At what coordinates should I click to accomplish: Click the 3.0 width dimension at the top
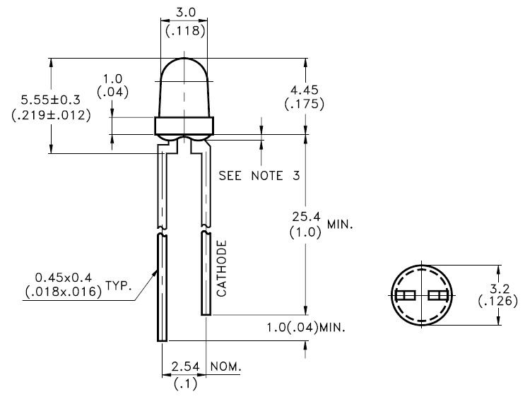point(184,13)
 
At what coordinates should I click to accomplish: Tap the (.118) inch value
point(184,30)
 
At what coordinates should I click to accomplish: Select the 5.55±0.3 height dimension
point(51,100)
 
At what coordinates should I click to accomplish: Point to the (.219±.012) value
point(52,115)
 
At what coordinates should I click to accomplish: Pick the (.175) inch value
point(304,104)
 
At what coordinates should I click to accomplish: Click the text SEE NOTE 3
point(259,175)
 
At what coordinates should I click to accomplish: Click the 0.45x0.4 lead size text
point(65,278)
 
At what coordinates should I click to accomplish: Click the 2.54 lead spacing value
point(182,368)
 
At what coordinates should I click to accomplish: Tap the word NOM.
point(225,368)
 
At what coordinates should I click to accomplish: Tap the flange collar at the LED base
point(184,126)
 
